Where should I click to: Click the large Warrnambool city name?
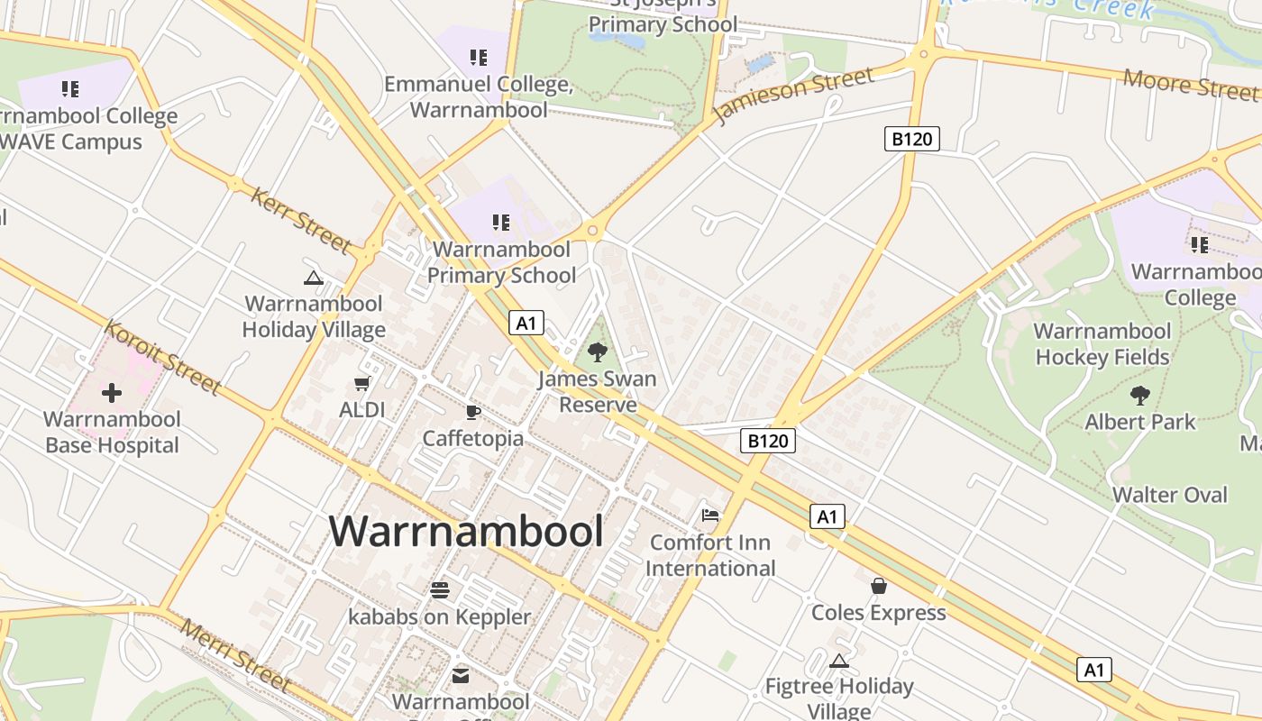(x=466, y=531)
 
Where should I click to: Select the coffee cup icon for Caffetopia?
(x=472, y=413)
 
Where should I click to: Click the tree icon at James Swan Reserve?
(x=597, y=352)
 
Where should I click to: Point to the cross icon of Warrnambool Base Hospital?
(x=112, y=393)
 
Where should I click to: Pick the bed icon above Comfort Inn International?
(x=710, y=516)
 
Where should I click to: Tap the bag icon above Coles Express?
(x=879, y=586)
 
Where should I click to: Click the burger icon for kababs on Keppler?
(x=440, y=590)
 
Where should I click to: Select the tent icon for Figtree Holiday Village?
(x=839, y=661)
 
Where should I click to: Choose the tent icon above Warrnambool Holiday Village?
(x=314, y=278)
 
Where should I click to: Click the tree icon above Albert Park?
(x=1140, y=395)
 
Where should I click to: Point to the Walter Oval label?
(x=1169, y=495)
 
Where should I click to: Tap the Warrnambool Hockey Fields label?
(x=1102, y=344)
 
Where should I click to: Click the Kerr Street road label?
(x=301, y=220)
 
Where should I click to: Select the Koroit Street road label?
(x=162, y=357)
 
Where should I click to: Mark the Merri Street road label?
(x=234, y=655)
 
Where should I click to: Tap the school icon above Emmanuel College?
(x=479, y=58)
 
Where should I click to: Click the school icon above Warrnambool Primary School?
(x=501, y=222)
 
